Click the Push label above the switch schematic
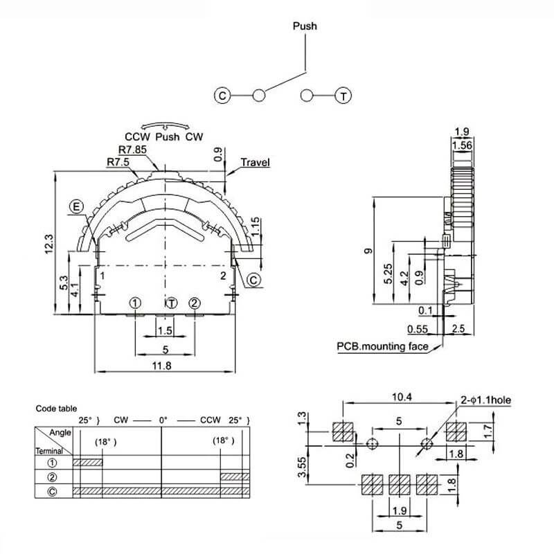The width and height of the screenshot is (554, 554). [x=305, y=26]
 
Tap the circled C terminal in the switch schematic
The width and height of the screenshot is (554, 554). [x=223, y=96]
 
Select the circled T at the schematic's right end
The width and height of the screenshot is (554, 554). [x=343, y=96]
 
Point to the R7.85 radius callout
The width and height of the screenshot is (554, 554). [x=132, y=150]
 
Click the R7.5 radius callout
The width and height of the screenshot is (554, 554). [x=119, y=162]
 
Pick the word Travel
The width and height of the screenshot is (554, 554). [x=255, y=163]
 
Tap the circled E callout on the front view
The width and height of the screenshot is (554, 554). [x=77, y=206]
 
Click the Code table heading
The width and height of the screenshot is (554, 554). [x=56, y=409]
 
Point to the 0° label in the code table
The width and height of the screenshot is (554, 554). [x=163, y=420]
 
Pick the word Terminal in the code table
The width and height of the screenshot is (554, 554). [x=50, y=449]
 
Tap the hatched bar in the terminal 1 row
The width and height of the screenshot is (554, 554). [x=87, y=462]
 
